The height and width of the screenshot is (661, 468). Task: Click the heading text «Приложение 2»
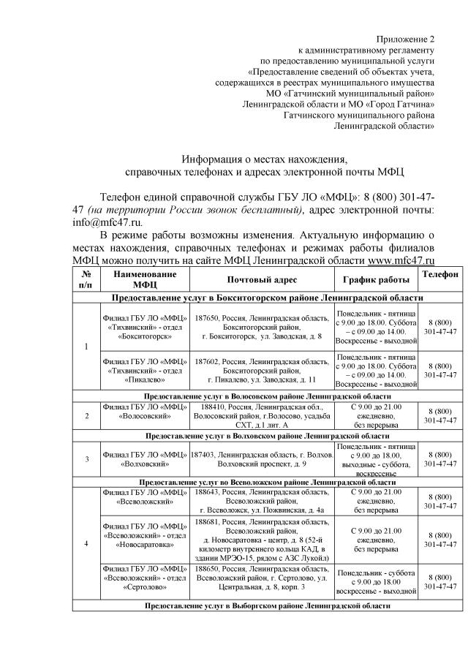click(404, 38)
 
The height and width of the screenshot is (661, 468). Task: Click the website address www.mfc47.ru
click(401, 260)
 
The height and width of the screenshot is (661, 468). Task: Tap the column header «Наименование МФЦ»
click(145, 280)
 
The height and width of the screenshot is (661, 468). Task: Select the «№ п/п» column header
click(88, 280)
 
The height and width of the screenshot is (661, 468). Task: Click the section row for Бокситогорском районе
click(267, 298)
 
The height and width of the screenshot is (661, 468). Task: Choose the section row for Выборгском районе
click(267, 605)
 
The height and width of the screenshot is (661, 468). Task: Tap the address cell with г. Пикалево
click(262, 370)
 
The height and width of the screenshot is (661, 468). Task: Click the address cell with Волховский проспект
click(262, 458)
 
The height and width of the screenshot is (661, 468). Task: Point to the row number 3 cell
click(88, 458)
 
